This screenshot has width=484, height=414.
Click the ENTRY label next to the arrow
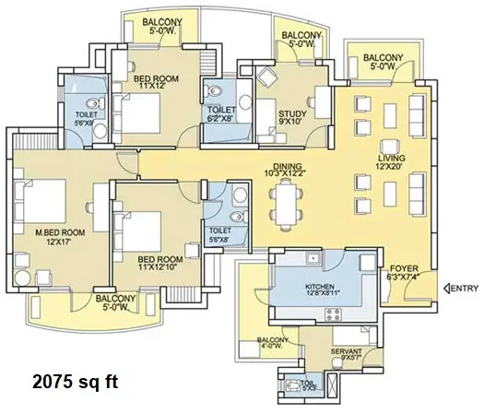(465, 288)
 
